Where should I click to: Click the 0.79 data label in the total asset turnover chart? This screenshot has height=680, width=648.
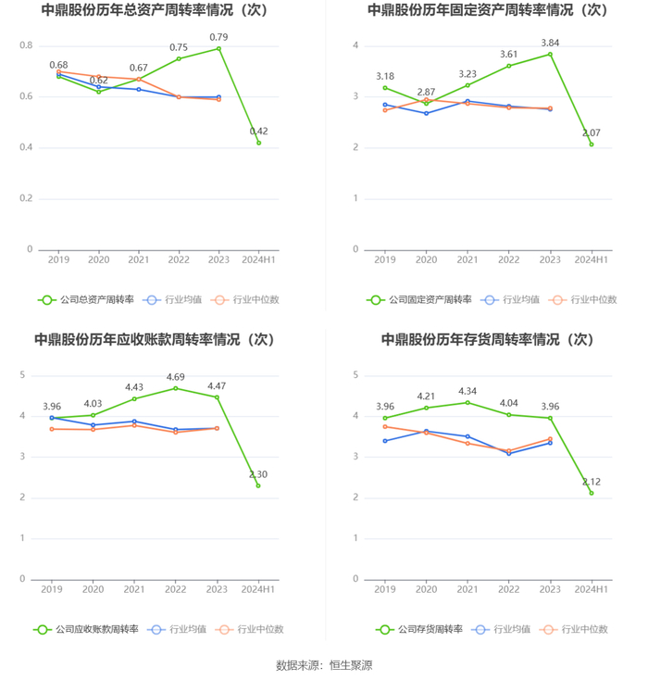click(x=218, y=37)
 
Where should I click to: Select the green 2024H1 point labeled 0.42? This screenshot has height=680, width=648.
click(x=259, y=143)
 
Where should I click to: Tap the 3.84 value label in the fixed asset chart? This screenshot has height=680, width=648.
click(x=550, y=43)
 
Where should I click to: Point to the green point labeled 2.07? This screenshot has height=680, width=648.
click(x=592, y=145)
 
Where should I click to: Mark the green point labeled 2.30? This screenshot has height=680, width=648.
click(x=258, y=485)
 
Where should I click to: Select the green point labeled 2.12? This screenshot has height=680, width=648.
click(x=592, y=493)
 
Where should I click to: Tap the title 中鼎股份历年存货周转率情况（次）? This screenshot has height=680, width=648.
click(x=487, y=340)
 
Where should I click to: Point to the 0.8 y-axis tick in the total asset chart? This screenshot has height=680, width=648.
click(x=26, y=45)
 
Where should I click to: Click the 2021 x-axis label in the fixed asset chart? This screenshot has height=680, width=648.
click(x=467, y=260)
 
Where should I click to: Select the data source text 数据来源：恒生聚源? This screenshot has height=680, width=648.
click(x=324, y=665)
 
